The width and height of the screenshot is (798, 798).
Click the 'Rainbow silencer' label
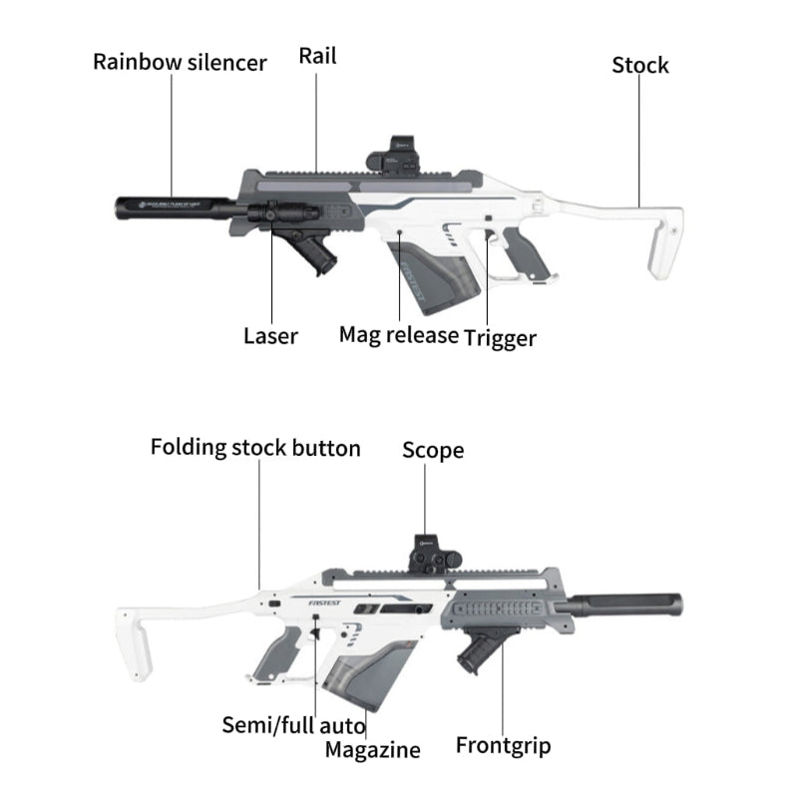[x=180, y=63]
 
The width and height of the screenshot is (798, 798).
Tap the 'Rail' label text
[x=317, y=56]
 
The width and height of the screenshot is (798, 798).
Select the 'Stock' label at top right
[x=639, y=66]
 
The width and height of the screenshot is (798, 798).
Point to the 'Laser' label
[x=270, y=336]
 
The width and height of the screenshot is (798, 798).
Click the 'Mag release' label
[x=398, y=334]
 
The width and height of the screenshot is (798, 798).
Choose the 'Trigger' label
[x=500, y=339]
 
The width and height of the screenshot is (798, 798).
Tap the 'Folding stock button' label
[x=255, y=447]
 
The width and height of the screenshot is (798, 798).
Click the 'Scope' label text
[x=432, y=451]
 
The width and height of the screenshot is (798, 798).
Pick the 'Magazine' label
[x=372, y=749]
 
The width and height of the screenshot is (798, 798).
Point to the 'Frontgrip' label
[x=503, y=745]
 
